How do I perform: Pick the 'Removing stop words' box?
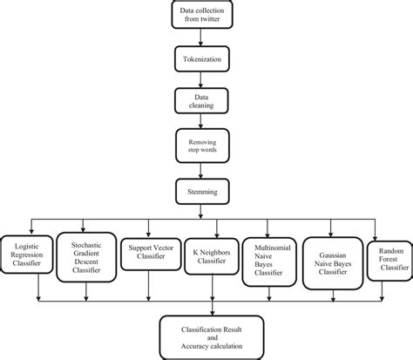coord(203,146)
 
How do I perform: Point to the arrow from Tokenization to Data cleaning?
coord(203,84)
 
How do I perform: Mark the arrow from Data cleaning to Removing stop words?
coord(203,124)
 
